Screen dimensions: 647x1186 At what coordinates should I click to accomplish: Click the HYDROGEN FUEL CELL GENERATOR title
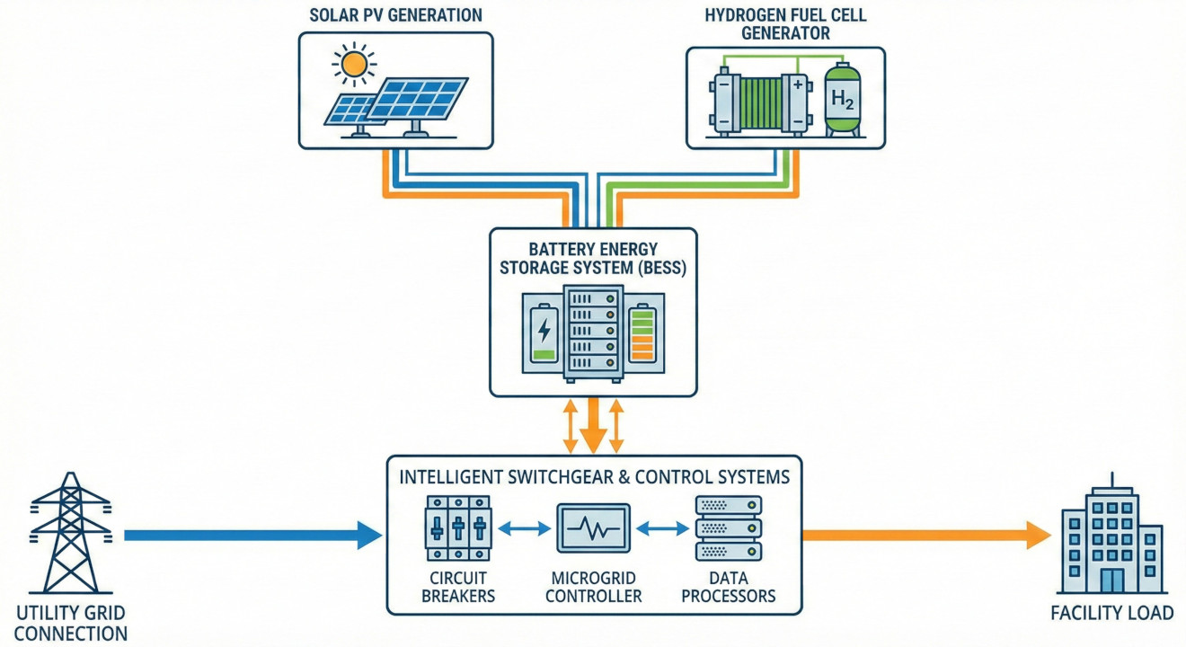[x=785, y=24]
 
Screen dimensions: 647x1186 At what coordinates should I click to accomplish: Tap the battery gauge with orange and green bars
[x=642, y=333]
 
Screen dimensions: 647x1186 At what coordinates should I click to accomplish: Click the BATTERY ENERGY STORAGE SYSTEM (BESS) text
[x=593, y=258]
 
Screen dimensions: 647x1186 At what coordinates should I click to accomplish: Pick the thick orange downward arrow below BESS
[x=593, y=427]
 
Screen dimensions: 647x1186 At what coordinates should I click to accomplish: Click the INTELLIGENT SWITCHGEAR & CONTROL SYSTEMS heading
[x=594, y=477]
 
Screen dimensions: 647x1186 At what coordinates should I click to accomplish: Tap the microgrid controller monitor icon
[x=593, y=527]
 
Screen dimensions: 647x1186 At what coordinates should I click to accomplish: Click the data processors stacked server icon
[x=729, y=528]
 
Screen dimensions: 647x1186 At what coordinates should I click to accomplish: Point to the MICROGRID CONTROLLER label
[x=593, y=586]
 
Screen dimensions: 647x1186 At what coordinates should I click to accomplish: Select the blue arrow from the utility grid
[x=252, y=536]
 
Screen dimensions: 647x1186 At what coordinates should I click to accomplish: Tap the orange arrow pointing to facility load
[x=925, y=536]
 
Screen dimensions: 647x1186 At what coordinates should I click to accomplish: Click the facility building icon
[x=1111, y=539]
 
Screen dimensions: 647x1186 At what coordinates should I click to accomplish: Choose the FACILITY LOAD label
[x=1112, y=614]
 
